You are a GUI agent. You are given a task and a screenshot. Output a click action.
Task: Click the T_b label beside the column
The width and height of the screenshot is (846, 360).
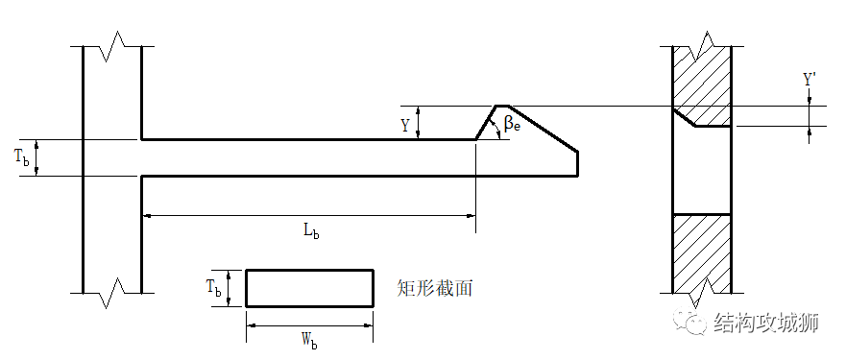tap(22, 158)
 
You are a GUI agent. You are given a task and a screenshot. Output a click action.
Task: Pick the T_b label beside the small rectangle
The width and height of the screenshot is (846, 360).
tap(214, 288)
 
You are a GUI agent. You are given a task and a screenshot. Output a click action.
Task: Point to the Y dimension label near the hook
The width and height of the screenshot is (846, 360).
tap(405, 124)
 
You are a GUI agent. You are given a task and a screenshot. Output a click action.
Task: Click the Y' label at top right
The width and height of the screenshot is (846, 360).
tap(810, 82)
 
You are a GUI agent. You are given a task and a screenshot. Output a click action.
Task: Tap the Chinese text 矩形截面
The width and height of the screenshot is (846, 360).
tap(434, 287)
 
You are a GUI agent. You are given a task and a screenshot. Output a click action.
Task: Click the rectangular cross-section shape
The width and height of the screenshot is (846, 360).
tap(309, 288)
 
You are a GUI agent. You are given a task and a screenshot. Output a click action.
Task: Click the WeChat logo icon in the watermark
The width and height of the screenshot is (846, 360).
tap(691, 324)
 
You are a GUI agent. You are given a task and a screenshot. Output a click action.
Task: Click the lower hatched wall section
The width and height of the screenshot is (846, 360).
tap(701, 252)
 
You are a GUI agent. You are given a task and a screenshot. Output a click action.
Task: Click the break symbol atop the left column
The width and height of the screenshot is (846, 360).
tap(112, 43)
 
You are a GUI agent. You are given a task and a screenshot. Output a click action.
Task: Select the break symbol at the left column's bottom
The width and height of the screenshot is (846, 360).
tap(112, 290)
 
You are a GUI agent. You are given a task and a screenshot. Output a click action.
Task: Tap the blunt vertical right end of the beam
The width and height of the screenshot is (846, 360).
tap(577, 163)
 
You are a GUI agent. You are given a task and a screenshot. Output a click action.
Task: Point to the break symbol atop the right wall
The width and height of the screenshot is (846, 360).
tap(702, 42)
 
